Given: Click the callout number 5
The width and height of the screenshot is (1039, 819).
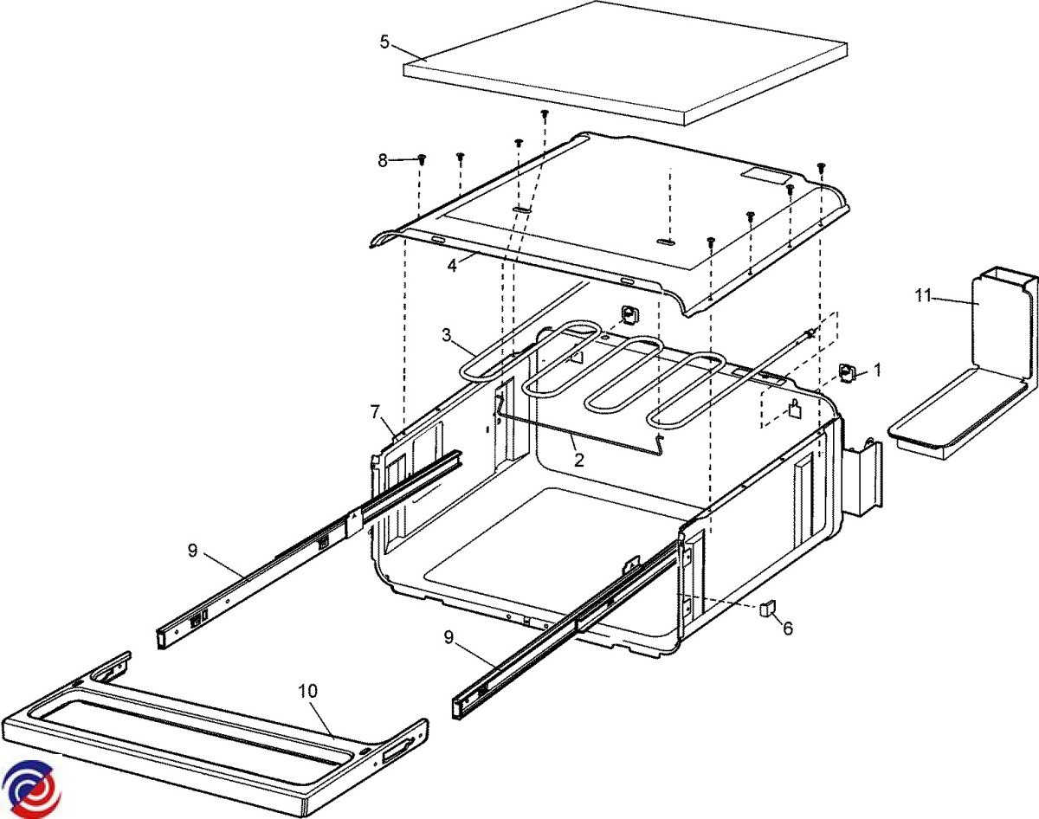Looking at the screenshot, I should click(384, 41).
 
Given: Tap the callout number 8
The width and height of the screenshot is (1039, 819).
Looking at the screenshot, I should click(383, 159).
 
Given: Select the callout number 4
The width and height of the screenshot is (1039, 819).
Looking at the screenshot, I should click(451, 265).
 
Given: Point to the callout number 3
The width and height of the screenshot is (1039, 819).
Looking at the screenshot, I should click(447, 335).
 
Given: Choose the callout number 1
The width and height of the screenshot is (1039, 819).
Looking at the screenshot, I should click(877, 370).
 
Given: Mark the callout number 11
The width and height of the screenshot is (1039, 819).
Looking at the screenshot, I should click(923, 296).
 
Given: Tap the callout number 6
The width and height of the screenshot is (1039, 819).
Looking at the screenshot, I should click(787, 628).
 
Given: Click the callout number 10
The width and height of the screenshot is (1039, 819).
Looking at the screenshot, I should click(307, 691).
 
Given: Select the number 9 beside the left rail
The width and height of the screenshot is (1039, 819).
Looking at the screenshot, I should click(192, 550).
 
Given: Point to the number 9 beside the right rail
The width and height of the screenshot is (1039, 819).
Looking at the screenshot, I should click(449, 637).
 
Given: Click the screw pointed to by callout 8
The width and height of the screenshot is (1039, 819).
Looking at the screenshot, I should click(423, 159).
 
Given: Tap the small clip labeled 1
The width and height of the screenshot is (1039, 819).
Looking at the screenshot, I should click(847, 373).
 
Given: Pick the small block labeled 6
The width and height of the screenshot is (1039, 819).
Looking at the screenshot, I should click(765, 608).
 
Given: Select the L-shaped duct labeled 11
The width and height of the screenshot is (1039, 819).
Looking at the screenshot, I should click(970, 372).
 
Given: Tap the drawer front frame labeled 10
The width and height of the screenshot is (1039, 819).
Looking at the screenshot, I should click(216, 736).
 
